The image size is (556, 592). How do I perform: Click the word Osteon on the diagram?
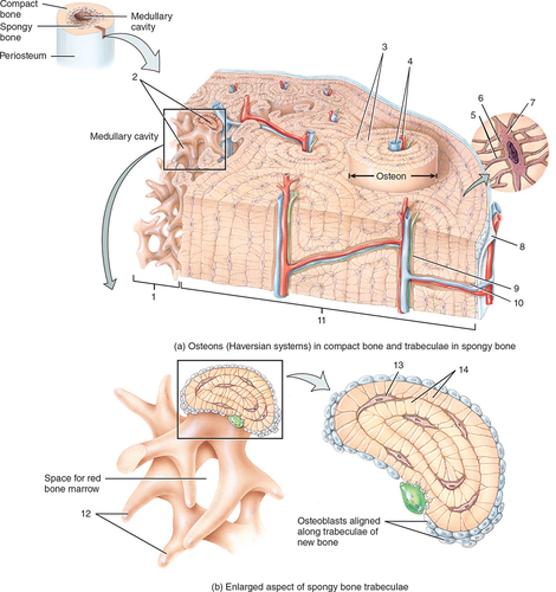(393, 176)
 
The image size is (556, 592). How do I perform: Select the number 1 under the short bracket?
(154, 298)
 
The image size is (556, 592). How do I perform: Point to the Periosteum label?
(23, 56)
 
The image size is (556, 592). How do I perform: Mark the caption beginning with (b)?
(309, 587)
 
